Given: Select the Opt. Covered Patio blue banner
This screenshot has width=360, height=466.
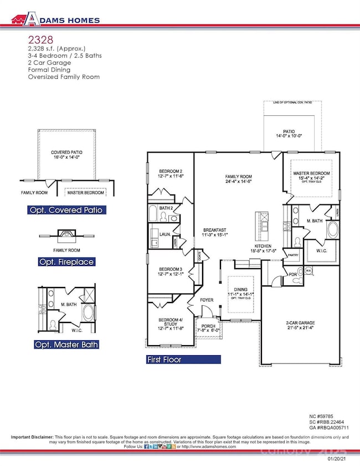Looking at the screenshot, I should [66, 210].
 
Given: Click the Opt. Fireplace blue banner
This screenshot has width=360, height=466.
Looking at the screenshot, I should [66, 261].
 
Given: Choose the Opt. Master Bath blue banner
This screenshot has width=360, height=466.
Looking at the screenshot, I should [66, 344].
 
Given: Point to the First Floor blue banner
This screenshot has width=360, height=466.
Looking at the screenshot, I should [183, 359].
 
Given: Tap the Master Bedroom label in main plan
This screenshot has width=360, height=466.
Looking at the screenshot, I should [311, 173].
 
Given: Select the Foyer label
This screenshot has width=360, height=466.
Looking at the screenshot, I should [207, 301].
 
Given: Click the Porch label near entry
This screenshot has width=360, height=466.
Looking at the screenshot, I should [209, 325].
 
